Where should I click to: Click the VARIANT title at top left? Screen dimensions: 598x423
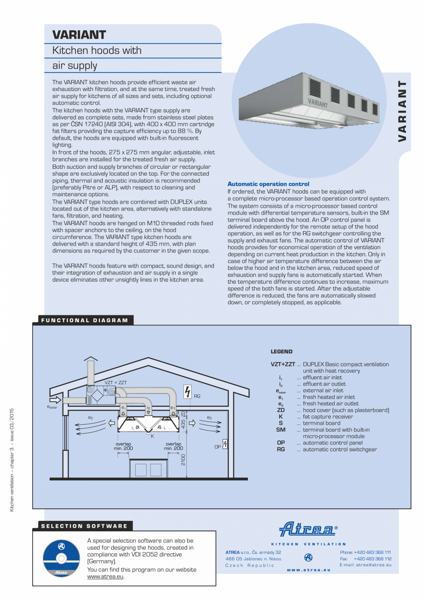79,35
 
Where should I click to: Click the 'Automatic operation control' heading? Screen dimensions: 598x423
268,184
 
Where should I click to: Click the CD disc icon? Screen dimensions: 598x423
61,558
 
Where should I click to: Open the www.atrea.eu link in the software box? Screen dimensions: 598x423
105,576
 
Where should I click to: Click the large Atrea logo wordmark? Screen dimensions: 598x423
307,529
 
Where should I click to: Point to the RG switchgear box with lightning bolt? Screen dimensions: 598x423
187,392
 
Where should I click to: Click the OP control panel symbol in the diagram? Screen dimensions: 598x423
225,444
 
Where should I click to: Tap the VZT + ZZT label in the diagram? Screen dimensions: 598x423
115,382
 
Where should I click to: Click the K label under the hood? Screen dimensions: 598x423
152,436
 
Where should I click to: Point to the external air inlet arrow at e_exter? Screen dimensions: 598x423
55,400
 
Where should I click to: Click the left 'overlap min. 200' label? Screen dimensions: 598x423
123,446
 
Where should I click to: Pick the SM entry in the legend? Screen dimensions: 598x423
280,430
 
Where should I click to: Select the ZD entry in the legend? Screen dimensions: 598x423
280,410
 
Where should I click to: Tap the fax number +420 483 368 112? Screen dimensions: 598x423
372,558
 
